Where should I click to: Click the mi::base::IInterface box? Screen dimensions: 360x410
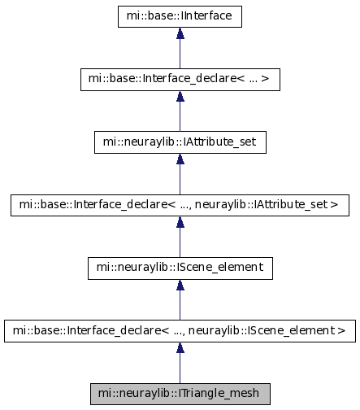pos(180,16)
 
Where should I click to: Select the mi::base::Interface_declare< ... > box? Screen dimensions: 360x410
pos(180,80)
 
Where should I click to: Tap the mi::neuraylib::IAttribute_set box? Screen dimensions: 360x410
pos(180,142)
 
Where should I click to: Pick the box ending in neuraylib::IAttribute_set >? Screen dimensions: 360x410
pos(180,205)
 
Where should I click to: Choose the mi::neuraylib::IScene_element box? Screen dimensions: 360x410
pos(180,268)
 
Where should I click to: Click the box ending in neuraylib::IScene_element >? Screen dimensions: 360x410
pos(180,331)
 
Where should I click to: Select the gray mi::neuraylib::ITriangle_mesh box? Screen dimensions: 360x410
pos(180,394)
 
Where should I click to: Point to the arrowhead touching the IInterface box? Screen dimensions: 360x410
pos(180,33)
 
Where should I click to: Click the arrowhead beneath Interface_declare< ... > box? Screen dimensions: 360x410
pos(180,96)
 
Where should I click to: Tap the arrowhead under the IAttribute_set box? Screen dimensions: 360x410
pos(180,159)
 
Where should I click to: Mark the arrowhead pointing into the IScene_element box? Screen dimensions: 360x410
pos(180,285)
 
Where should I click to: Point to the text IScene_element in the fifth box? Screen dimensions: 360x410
pos(219,268)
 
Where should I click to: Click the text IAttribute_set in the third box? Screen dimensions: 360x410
pos(219,142)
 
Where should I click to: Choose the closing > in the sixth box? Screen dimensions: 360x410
pos(342,330)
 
